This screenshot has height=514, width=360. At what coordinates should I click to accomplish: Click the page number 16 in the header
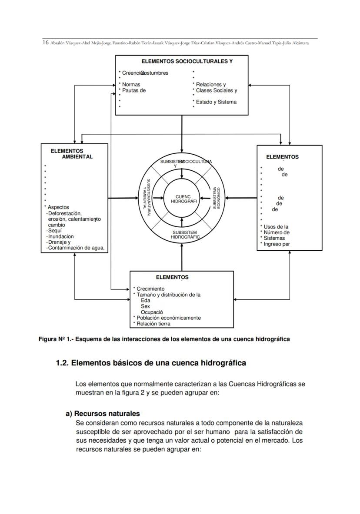(45, 43)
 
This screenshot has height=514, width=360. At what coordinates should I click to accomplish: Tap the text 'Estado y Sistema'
(216, 102)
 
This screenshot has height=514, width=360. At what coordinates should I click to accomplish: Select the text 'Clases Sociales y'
(217, 90)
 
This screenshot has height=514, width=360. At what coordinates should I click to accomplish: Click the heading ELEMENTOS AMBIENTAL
(72, 154)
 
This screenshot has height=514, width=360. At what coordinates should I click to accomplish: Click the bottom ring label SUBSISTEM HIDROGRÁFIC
(185, 235)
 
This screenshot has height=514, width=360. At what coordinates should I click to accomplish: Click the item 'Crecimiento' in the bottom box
(150, 289)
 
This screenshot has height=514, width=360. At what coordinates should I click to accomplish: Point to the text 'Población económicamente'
(169, 318)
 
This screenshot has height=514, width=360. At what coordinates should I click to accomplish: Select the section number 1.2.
(62, 363)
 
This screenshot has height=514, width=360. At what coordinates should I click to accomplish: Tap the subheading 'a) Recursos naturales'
(103, 414)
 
